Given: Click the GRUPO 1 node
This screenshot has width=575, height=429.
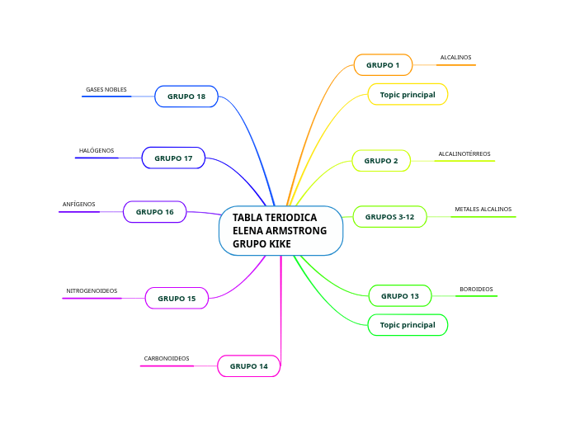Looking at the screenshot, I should pyautogui.click(x=383, y=65).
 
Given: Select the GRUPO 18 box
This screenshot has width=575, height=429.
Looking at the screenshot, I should pyautogui.click(x=186, y=97).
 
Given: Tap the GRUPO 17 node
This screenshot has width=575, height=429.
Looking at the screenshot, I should pyautogui.click(x=173, y=158).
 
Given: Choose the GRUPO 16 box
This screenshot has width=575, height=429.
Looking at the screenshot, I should pyautogui.click(x=155, y=212).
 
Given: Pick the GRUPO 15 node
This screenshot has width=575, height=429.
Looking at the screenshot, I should pyautogui.click(x=177, y=298).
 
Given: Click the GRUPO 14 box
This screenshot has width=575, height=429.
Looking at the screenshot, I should pyautogui.click(x=248, y=365).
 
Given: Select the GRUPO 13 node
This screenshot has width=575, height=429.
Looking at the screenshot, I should pyautogui.click(x=400, y=295).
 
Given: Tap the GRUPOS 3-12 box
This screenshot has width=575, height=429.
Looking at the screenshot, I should pyautogui.click(x=390, y=217).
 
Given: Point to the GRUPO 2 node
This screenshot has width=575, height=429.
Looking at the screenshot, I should pyautogui.click(x=381, y=161).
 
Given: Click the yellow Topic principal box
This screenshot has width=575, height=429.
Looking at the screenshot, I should pyautogui.click(x=408, y=95).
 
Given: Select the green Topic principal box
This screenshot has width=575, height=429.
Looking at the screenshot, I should pyautogui.click(x=408, y=325).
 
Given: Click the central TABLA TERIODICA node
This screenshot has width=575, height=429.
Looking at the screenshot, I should pyautogui.click(x=280, y=231).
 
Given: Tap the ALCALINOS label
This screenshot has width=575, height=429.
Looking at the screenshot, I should pyautogui.click(x=455, y=58).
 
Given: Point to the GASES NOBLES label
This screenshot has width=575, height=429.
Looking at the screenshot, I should pyautogui.click(x=106, y=89).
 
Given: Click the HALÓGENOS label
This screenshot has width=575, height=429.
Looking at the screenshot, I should pyautogui.click(x=97, y=151).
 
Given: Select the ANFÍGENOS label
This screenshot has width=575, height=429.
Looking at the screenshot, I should pyautogui.click(x=79, y=205).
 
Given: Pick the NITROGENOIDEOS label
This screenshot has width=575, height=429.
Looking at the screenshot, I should pyautogui.click(x=92, y=291).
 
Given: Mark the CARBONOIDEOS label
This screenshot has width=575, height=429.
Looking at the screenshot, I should pyautogui.click(x=167, y=359).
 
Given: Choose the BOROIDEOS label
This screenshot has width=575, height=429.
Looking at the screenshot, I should pyautogui.click(x=476, y=290).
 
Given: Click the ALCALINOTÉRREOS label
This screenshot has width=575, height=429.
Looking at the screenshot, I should pyautogui.click(x=464, y=154).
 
